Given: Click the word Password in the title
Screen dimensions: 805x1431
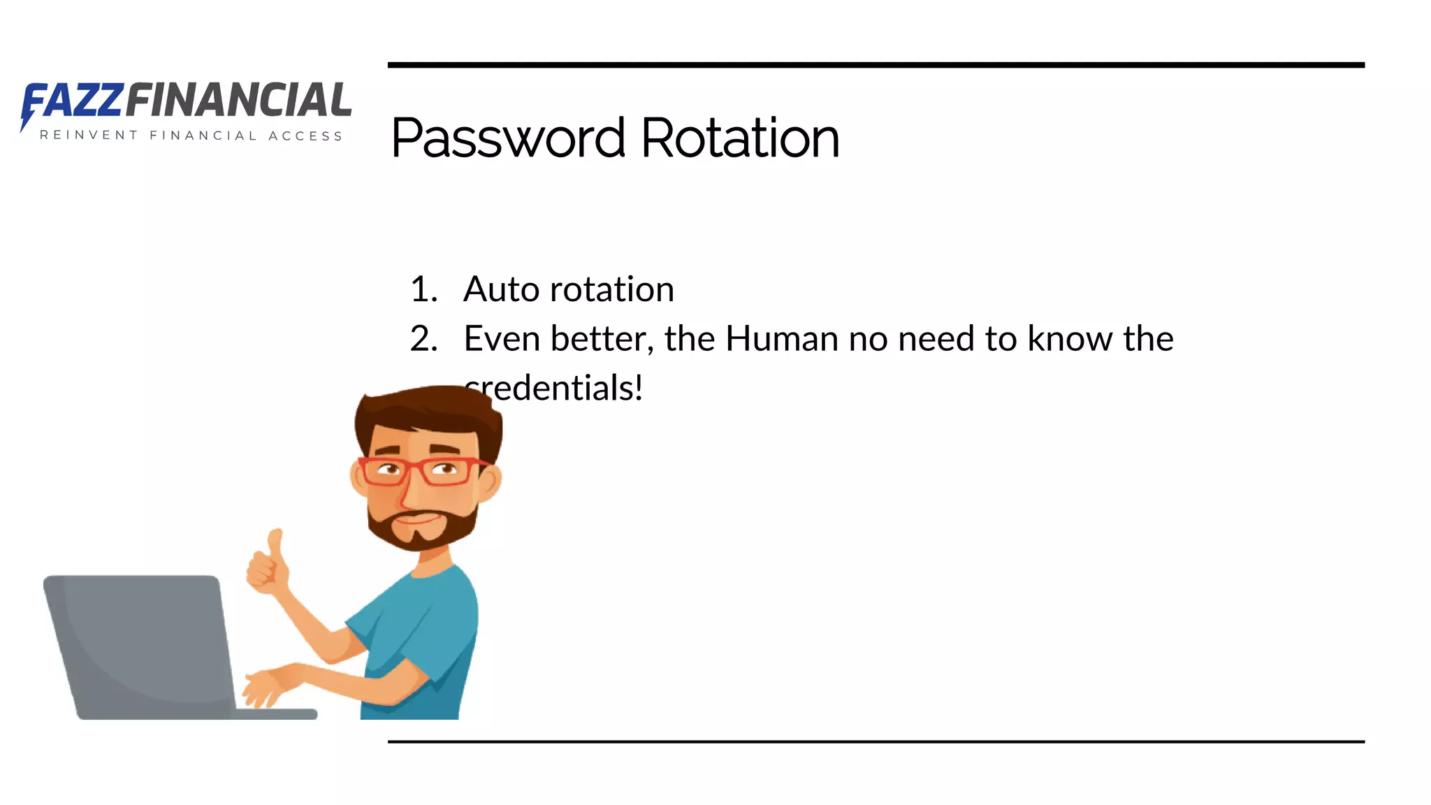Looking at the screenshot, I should [508, 138].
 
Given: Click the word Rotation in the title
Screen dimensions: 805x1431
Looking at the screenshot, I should [740, 138].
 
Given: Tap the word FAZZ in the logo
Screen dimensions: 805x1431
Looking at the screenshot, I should [74, 101].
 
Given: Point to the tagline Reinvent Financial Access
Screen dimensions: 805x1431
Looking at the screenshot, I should [191, 136].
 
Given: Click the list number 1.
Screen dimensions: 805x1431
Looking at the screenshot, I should [423, 289].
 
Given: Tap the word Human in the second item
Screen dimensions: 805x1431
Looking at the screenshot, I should [782, 339].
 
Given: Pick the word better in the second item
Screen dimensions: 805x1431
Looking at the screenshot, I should [602, 339].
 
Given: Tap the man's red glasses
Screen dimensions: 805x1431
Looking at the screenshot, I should [419, 471].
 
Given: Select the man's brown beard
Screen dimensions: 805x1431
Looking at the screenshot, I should [419, 531].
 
